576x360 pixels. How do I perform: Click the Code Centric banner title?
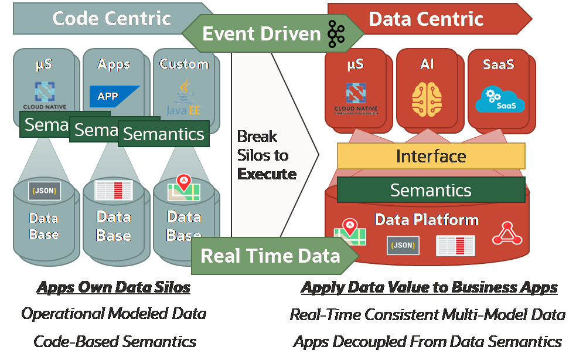click(x=111, y=18)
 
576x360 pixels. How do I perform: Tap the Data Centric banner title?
click(x=426, y=19)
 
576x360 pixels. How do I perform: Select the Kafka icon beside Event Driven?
click(x=336, y=33)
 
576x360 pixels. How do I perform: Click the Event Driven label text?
click(x=261, y=34)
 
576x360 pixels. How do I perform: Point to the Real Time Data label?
click(x=270, y=256)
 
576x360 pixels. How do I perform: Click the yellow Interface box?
click(x=431, y=156)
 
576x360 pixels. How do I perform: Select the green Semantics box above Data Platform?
click(x=431, y=190)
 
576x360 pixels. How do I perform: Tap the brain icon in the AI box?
click(x=427, y=98)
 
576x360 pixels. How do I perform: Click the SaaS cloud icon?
click(x=499, y=100)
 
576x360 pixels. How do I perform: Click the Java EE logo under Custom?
click(x=184, y=97)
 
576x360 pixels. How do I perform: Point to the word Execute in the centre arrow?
click(x=267, y=174)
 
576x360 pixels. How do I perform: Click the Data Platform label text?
click(x=427, y=220)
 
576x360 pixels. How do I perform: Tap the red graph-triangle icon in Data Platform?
click(x=507, y=233)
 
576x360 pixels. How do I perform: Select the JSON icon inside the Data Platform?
click(x=403, y=245)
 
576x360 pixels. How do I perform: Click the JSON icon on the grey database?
click(x=45, y=191)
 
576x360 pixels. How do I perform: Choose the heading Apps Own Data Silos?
click(x=114, y=287)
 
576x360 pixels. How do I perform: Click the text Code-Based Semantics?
click(x=114, y=341)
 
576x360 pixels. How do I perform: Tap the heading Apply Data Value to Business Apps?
click(x=429, y=287)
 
